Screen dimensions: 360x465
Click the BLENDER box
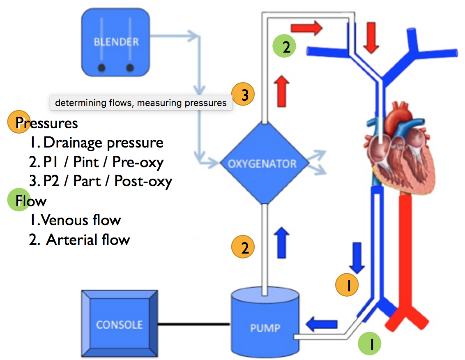tap(116, 42)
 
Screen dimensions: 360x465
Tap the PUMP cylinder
tap(265, 323)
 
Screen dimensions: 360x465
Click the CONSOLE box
tap(119, 324)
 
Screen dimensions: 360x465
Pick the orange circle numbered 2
tap(243, 248)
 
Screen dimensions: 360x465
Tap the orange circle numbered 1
tap(347, 285)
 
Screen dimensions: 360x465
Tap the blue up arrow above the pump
tap(281, 242)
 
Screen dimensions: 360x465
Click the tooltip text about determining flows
tap(140, 103)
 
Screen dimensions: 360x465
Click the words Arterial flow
tap(88, 239)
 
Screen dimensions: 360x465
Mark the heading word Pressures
tap(46, 122)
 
